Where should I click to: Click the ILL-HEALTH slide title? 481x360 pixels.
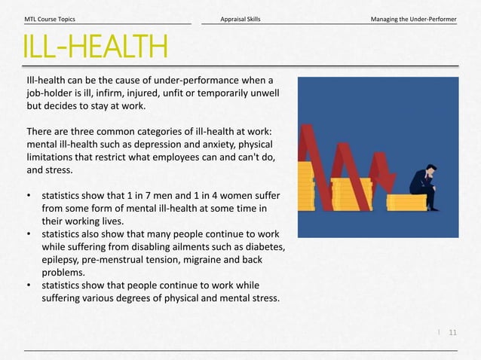tap(95, 47)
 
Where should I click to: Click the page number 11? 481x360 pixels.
tap(453, 331)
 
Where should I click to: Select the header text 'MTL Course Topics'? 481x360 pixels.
tap(50, 18)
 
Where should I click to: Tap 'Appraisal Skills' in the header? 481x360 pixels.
tap(240, 18)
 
